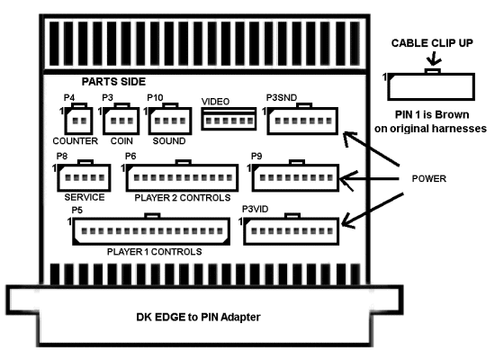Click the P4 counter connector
coord(78,119)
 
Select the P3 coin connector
coord(121,119)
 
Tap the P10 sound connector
coord(170,119)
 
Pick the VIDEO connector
coord(229,119)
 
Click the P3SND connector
coord(302,119)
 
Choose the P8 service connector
coord(84,175)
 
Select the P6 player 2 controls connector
coord(182,175)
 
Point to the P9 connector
coord(295,175)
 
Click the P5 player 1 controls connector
coord(151,229)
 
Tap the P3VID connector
coord(291,229)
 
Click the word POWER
coord(429,179)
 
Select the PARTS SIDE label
coord(113,82)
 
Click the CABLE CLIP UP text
coord(432,43)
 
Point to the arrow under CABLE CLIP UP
coord(434,59)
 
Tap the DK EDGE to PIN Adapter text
coord(198,317)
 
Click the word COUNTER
coord(75,140)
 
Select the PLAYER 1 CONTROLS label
coord(155,252)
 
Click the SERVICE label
coord(85,197)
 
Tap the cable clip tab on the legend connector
coord(433,71)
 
